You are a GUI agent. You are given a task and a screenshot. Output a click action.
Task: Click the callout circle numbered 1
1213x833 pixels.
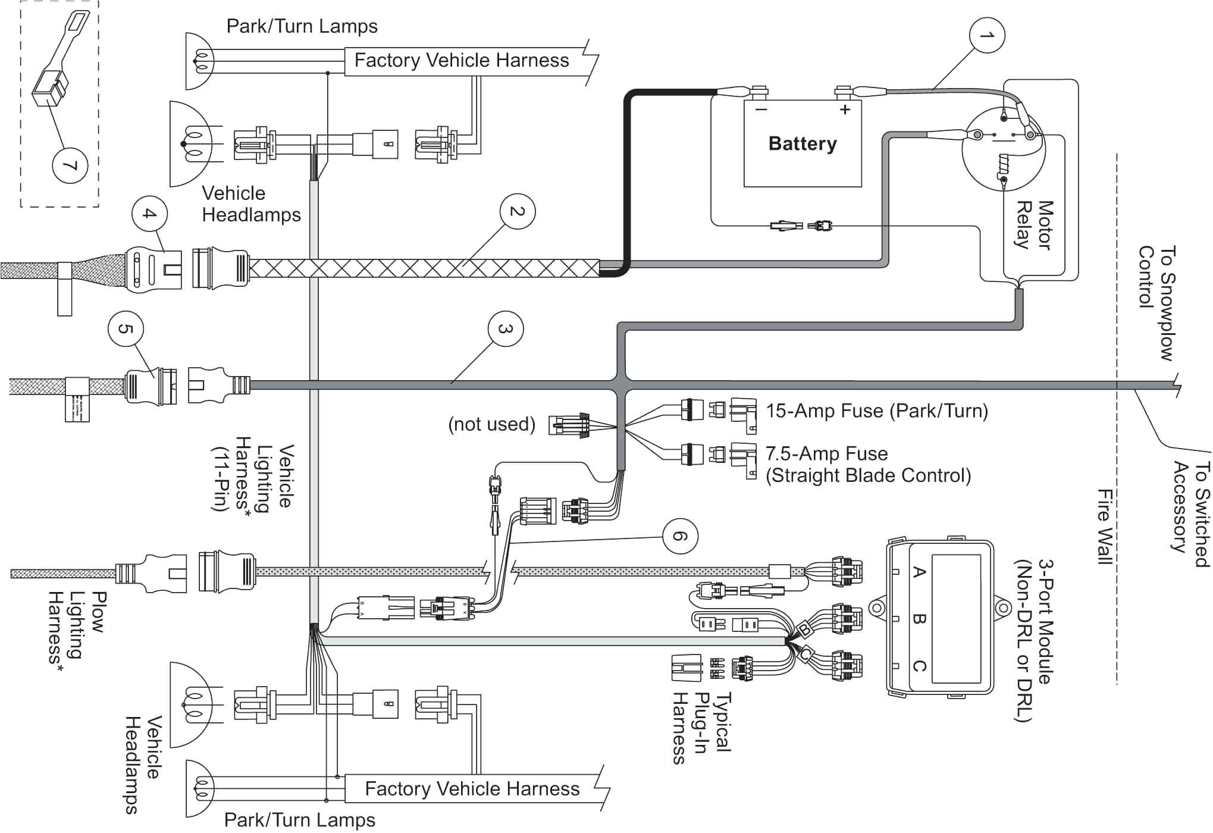tap(986, 35)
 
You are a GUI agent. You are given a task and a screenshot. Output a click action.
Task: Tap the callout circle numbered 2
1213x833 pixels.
tap(517, 211)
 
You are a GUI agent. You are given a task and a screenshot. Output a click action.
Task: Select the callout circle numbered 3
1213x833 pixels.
tap(505, 328)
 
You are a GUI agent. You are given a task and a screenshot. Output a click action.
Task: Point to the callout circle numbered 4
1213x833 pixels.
tap(149, 213)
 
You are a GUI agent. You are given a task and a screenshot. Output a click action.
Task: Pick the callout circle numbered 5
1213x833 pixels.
tap(126, 328)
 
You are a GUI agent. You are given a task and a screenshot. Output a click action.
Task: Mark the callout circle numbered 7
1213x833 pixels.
tap(70, 165)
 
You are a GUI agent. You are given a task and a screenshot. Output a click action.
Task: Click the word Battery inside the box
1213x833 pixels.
tap(802, 143)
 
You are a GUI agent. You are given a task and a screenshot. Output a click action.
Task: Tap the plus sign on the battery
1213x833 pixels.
tap(845, 109)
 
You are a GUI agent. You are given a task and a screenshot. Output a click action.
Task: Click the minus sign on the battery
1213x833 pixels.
tap(761, 109)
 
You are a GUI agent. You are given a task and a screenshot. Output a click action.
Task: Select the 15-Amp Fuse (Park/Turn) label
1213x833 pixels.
tap(876, 411)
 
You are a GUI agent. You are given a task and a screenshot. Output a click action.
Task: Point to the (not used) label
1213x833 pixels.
tap(491, 424)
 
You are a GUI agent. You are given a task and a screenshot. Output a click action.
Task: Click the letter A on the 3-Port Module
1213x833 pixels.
tap(919, 572)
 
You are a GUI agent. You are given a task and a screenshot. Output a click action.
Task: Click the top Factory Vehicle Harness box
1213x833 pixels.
tap(462, 60)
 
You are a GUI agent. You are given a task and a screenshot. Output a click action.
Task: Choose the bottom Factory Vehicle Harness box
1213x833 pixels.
tap(472, 788)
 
